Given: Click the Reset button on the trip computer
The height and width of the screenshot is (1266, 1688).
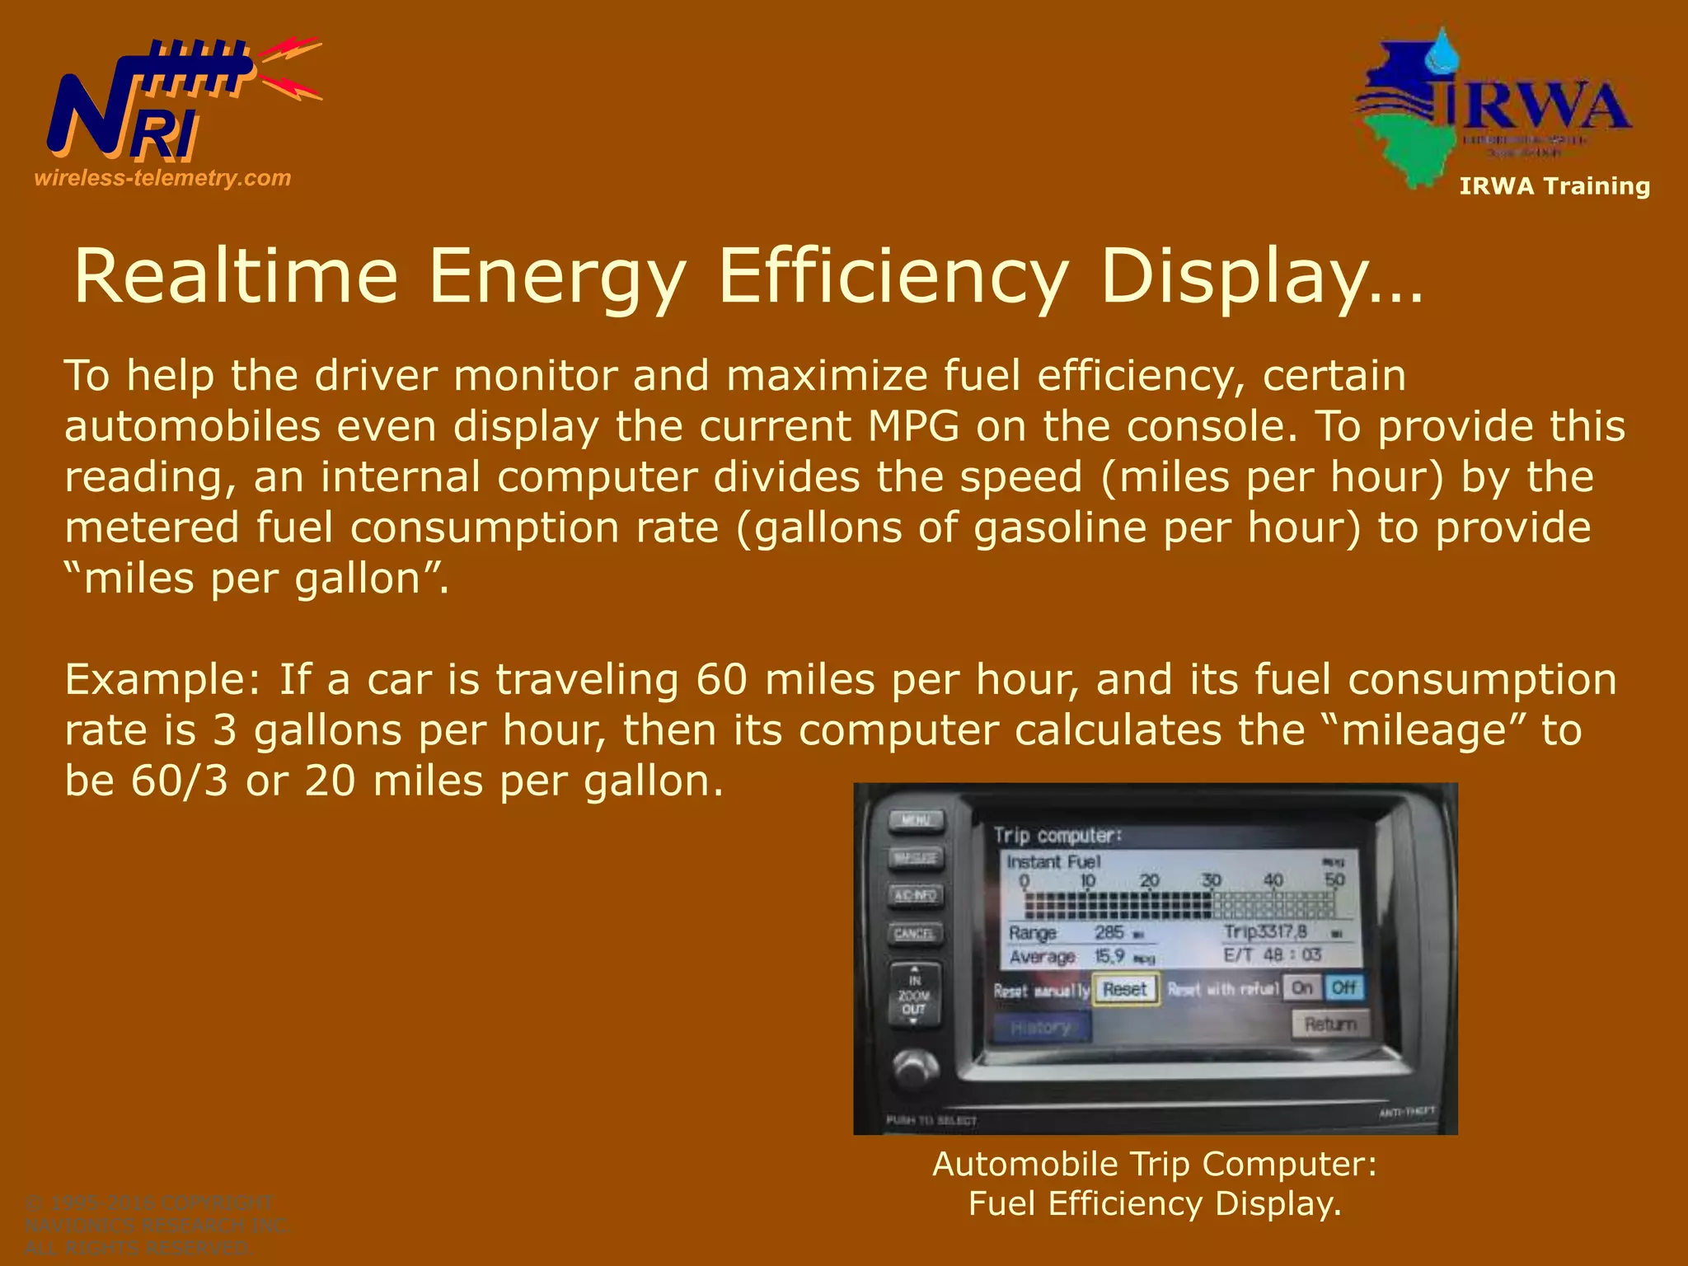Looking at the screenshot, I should (1125, 989).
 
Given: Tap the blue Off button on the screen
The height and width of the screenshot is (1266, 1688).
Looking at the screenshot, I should (1343, 987).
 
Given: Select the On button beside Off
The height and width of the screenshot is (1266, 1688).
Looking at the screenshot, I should (1302, 987).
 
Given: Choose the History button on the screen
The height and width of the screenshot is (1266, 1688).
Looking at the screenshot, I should (1041, 1028).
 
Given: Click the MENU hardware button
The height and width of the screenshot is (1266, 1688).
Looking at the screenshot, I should (916, 821).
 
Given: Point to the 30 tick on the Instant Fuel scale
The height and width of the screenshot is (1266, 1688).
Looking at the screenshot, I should (1211, 880).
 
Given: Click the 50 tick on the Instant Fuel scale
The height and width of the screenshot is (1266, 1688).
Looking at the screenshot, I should (1334, 879).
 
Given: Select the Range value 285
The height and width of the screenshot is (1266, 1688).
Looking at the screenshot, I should (1109, 932).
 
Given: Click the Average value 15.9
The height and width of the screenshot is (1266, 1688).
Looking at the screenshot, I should (1109, 956).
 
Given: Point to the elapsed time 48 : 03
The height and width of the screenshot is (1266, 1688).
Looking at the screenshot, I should (1292, 954).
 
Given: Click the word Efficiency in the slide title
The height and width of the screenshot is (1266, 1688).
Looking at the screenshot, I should (893, 276).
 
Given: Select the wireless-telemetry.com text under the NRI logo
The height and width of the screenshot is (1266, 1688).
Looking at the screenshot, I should (162, 178).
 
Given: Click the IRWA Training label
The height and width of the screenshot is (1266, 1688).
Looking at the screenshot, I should (1554, 186).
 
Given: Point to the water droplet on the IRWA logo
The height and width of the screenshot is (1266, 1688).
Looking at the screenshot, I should (1442, 52).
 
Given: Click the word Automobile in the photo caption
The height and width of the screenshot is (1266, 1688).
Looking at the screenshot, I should (1025, 1164).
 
